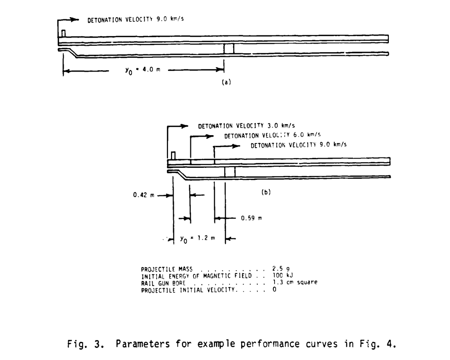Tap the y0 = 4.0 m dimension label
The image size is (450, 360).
(138, 70)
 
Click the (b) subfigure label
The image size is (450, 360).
(265, 192)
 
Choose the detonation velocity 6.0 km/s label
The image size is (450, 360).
(272, 135)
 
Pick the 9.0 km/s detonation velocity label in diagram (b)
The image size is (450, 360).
(298, 145)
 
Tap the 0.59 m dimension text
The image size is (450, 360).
(252, 218)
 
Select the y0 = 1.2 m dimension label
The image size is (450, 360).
(197, 238)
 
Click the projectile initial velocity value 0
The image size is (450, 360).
(274, 289)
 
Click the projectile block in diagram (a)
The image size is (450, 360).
(229, 48)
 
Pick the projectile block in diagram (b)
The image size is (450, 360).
(229, 171)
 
